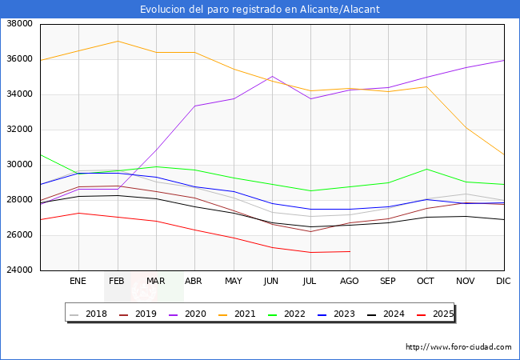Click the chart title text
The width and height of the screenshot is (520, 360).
pyautogui.click(x=259, y=10)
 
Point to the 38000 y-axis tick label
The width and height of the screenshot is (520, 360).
pyautogui.click(x=18, y=24)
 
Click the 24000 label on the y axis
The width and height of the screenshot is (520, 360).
pyautogui.click(x=18, y=270)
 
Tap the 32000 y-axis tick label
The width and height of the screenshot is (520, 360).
pyautogui.click(x=18, y=130)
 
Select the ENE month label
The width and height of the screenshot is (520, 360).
pyautogui.click(x=78, y=282)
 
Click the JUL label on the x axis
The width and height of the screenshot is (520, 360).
pyautogui.click(x=310, y=282)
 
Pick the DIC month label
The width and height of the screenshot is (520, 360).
pyautogui.click(x=503, y=282)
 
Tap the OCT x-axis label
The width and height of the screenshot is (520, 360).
pyautogui.click(x=426, y=282)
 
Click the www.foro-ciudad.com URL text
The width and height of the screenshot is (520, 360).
pyautogui.click(x=458, y=347)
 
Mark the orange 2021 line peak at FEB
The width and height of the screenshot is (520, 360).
pyautogui.click(x=117, y=41)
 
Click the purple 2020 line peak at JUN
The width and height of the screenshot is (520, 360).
pyautogui.click(x=272, y=77)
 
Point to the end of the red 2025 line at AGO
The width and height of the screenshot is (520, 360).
pyautogui.click(x=350, y=251)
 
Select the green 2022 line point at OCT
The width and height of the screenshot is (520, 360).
pyautogui.click(x=426, y=169)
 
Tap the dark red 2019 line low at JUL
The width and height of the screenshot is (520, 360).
pyautogui.click(x=310, y=231)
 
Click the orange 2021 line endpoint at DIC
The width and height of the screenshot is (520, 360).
pyautogui.click(x=504, y=154)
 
